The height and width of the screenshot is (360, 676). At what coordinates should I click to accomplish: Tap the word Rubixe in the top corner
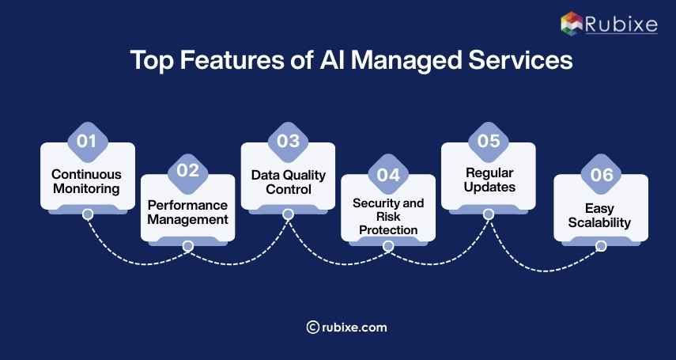tap(622, 24)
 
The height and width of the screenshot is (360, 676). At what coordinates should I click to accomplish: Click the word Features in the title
tap(216, 62)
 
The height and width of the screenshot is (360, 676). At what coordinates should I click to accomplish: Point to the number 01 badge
tap(87, 142)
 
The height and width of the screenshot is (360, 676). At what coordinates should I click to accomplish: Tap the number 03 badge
tap(288, 142)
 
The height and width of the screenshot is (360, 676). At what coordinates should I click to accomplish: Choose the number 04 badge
tap(388, 174)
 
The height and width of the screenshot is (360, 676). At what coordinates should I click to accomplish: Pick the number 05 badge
tap(488, 142)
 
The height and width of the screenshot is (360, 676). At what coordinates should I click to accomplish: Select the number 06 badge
tap(601, 174)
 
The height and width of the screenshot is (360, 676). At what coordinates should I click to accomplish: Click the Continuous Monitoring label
tap(87, 181)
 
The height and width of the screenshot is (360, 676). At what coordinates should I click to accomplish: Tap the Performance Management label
tap(187, 212)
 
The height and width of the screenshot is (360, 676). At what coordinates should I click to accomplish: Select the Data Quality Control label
tap(288, 181)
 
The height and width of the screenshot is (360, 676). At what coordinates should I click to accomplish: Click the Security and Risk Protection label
tap(388, 217)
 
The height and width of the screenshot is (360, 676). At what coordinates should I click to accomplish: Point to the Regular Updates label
tap(488, 180)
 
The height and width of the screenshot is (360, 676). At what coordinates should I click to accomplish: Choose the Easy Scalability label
tap(601, 215)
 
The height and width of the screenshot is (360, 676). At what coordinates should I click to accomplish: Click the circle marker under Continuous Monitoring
tap(87, 214)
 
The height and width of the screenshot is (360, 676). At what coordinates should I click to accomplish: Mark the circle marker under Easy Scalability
tap(601, 246)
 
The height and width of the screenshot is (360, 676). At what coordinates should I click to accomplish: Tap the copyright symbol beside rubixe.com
tap(312, 327)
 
